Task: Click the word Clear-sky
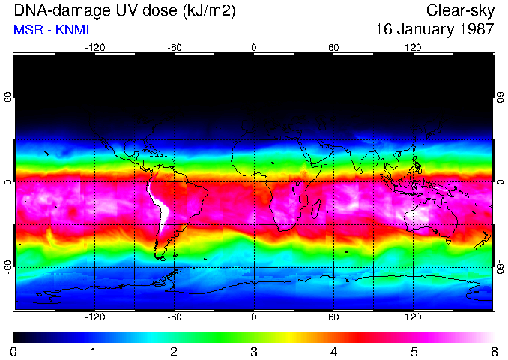coord(460,10)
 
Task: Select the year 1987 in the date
coord(476,30)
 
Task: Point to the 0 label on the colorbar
coord(14,351)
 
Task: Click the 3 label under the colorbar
coord(253,351)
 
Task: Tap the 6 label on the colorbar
coord(492,351)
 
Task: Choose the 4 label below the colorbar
coord(333,351)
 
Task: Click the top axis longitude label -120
coord(94,48)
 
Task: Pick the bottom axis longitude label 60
coord(333,317)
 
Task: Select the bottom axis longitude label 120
coord(413,317)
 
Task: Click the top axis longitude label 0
coord(254,48)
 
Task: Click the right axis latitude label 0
coord(500,182)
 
